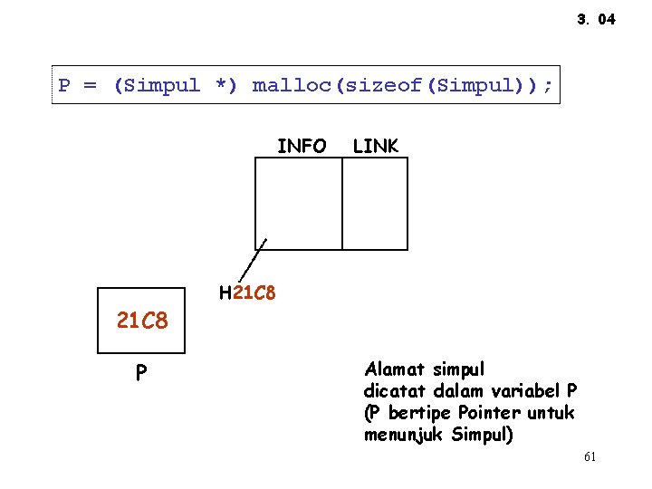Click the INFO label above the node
click(302, 146)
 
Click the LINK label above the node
click(375, 146)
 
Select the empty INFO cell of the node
click(299, 203)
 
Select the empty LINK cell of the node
click(375, 203)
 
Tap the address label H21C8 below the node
click(247, 293)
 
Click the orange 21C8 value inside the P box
click(142, 320)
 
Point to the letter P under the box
click(141, 373)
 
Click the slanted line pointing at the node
click(253, 261)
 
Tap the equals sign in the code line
click(90, 86)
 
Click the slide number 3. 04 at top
click(595, 19)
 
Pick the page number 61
click(590, 457)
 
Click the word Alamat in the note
click(395, 369)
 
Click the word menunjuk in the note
click(403, 435)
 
